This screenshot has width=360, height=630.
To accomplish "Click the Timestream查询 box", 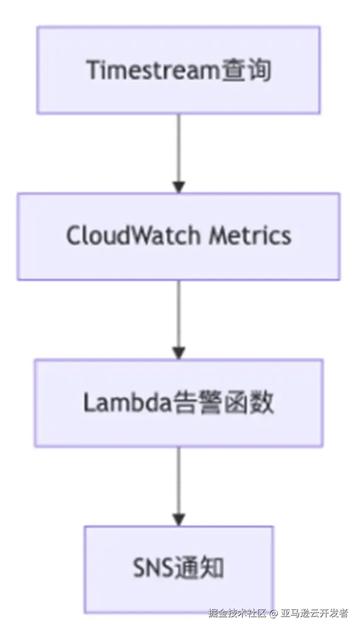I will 179,70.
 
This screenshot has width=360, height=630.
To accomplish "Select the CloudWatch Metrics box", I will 179,236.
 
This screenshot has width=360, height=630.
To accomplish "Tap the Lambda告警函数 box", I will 179,402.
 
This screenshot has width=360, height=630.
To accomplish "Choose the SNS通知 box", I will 179,569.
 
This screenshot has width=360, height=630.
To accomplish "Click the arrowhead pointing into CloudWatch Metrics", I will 179,187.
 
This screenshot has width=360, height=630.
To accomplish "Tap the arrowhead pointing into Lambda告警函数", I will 179,353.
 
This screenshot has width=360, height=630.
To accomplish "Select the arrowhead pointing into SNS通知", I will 179,519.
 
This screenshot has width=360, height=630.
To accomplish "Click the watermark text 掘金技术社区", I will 237,614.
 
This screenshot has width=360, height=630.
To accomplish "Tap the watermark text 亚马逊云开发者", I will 315,614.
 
